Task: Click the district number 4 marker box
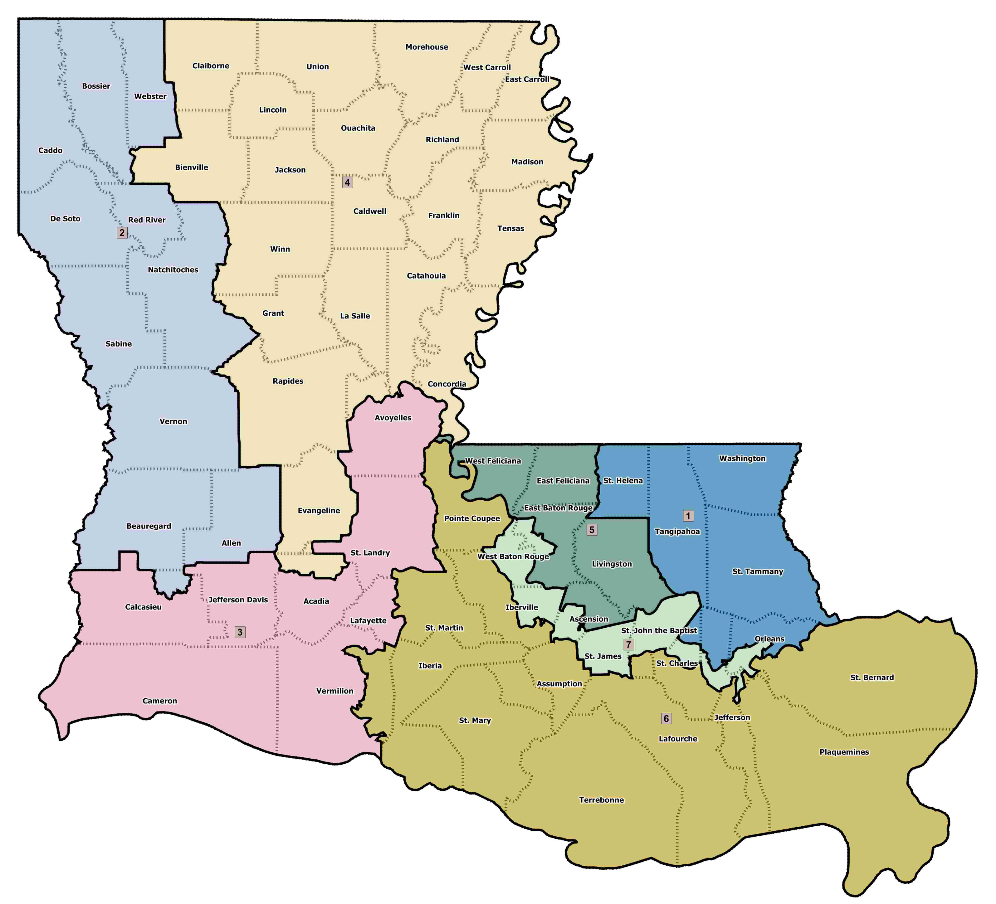(x=347, y=182)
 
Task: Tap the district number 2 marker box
(x=122, y=233)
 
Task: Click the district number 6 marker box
(x=666, y=719)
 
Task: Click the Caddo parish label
(x=51, y=150)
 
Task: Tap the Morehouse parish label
(x=427, y=47)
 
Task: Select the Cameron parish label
(x=159, y=701)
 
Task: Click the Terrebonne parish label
(x=601, y=800)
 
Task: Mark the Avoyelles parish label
(x=393, y=417)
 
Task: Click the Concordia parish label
(x=447, y=384)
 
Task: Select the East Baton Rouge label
(x=558, y=508)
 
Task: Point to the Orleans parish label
(x=769, y=639)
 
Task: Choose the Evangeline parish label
(x=319, y=510)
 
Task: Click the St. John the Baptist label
(x=659, y=630)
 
